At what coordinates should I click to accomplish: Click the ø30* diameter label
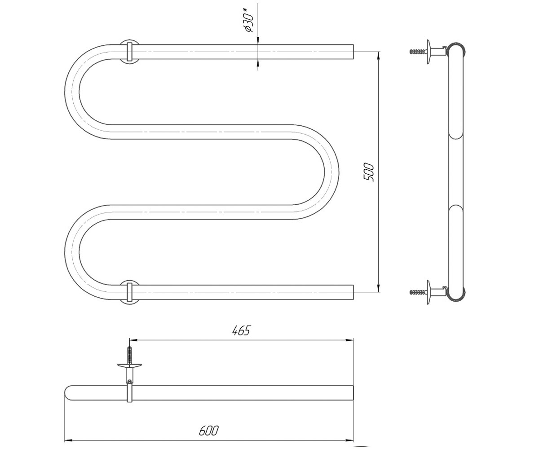coord(249,22)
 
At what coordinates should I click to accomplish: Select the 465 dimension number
coord(241,330)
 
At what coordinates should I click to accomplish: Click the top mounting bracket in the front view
coord(130,52)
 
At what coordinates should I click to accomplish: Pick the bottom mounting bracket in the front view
coord(130,292)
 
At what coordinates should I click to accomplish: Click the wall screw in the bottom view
coord(130,354)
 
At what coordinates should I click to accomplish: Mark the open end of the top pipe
coord(353,52)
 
